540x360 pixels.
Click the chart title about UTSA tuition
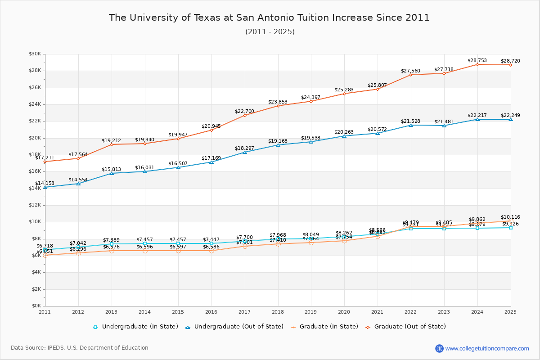[x=269, y=18]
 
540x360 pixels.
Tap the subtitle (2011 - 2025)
[x=270, y=32]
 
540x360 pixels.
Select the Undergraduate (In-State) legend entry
[x=135, y=327]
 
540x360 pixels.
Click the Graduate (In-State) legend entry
[x=321, y=327]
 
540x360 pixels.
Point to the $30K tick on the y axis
[x=35, y=54]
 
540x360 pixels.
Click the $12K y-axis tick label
[x=35, y=205]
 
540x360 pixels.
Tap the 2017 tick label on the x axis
[x=245, y=311]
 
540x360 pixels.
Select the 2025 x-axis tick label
[x=510, y=311]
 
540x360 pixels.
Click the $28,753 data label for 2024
[x=477, y=60]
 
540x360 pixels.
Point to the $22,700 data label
[x=244, y=111]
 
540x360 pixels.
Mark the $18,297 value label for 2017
[x=244, y=148]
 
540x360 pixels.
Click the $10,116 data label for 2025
[x=510, y=217]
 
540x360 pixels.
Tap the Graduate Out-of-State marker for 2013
[x=112, y=144]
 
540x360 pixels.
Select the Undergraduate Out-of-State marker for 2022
[x=411, y=125]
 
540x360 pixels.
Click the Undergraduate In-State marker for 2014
[x=145, y=243]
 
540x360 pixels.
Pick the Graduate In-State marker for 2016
[x=211, y=251]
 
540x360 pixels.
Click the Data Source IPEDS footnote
[x=80, y=348]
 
